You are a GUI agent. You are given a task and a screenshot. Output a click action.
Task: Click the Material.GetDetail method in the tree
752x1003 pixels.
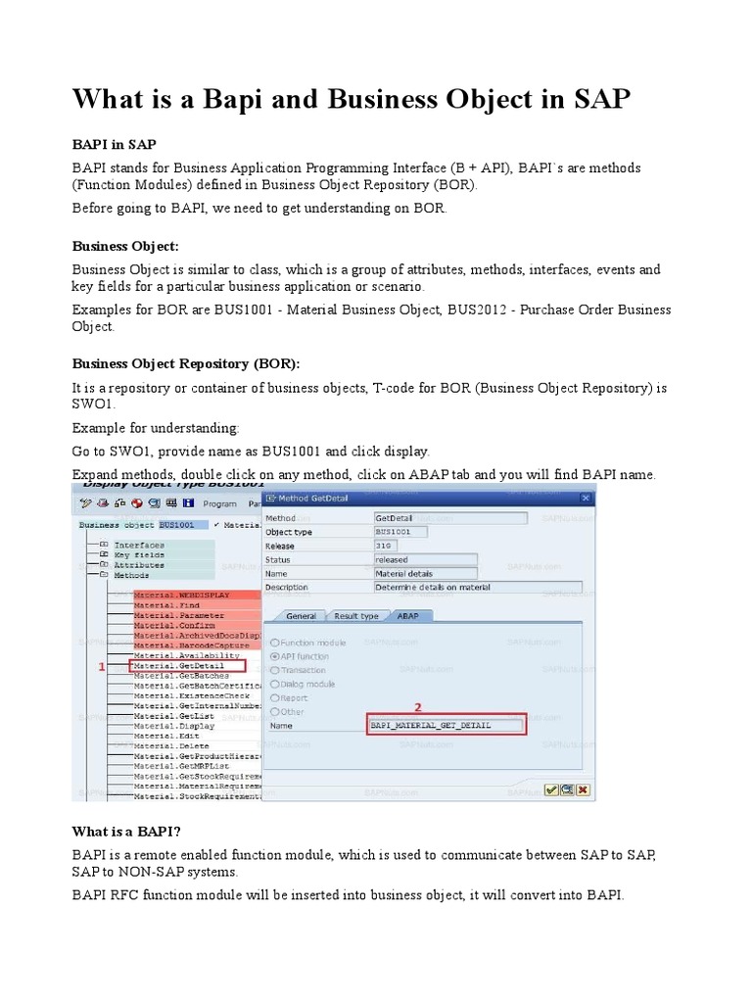point(181,666)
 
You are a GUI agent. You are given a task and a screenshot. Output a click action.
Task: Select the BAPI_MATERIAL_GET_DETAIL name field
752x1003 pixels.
point(446,726)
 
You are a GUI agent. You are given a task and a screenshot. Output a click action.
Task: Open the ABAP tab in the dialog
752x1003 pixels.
point(405,615)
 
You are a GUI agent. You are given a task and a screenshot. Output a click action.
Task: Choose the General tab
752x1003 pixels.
point(301,615)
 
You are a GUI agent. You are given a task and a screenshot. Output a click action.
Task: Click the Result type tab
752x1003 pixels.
point(356,615)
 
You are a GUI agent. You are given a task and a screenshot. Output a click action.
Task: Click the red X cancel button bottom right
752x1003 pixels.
point(583,788)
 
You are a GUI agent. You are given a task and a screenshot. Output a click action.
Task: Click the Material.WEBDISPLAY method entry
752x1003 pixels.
point(181,595)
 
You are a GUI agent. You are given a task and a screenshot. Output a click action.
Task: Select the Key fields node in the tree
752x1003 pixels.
point(138,554)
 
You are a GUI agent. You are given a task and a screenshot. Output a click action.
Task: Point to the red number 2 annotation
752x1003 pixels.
point(419,706)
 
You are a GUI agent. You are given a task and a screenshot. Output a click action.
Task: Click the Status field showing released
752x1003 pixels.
point(425,559)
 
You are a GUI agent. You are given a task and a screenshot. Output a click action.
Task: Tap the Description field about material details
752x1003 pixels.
point(477,587)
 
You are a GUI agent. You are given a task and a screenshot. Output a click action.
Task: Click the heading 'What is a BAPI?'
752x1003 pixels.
point(126,832)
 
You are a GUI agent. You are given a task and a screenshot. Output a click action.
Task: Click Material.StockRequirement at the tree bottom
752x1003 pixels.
point(197,796)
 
